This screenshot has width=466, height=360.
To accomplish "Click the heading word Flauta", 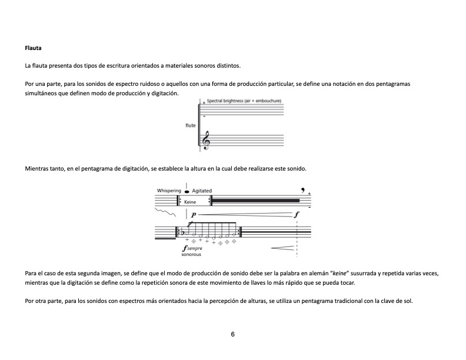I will pos(32,48).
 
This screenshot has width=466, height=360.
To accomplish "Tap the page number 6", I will pos(233,334).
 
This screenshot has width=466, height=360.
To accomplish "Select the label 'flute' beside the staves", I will pos(190,125).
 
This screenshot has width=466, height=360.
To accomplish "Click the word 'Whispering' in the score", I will pos(169,191).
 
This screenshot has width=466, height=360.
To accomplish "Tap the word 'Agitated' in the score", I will pos(202,191).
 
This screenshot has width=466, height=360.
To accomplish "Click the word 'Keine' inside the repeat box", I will pos(189,202).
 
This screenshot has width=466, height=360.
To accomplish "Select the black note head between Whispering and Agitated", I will pos(187,191).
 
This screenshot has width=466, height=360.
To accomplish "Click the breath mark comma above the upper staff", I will pos(302,189).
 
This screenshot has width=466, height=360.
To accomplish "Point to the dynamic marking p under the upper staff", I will pos(194,215).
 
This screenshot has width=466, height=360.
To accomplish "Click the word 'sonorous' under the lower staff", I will pos(191,255).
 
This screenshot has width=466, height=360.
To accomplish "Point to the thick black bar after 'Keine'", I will pos(256,201).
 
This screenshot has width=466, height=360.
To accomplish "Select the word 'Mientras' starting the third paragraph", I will pos(36,169).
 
